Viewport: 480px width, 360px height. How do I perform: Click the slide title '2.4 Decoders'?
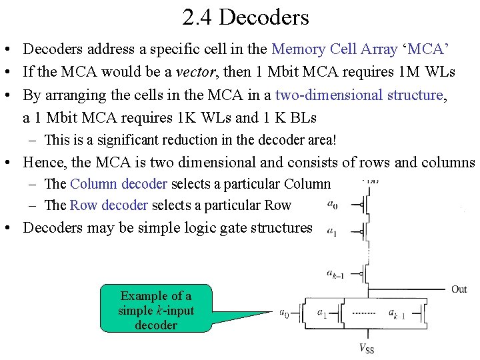tap(245, 17)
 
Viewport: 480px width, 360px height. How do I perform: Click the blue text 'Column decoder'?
tap(119, 184)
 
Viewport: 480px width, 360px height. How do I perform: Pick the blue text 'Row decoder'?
tap(109, 205)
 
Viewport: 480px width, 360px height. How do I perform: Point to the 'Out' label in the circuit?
tap(459, 289)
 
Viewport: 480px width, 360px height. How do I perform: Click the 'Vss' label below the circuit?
tap(367, 347)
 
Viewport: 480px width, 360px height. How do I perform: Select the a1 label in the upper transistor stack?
tap(331, 231)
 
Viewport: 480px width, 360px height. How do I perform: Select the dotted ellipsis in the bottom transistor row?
tap(363, 312)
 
